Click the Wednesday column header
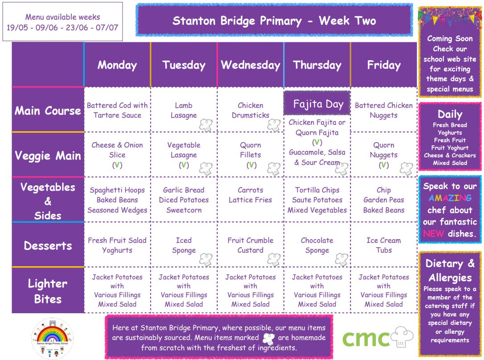pyautogui.click(x=250, y=65)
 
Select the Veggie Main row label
pyautogui.click(x=48, y=155)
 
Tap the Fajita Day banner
pyautogui.click(x=317, y=103)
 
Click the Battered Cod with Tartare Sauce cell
pyautogui.click(x=117, y=110)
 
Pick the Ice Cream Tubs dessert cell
pyautogui.click(x=384, y=245)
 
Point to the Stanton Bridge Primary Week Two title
pyautogui.click(x=274, y=20)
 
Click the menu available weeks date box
pyautogui.click(x=63, y=22)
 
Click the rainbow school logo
pyautogui.click(x=53, y=338)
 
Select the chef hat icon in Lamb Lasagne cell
pyautogui.click(x=206, y=125)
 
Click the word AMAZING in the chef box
pyautogui.click(x=450, y=198)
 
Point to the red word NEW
pyautogui.click(x=433, y=233)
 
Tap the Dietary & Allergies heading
pyautogui.click(x=450, y=270)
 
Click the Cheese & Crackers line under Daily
pyautogui.click(x=450, y=155)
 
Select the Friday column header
pyautogui.click(x=384, y=65)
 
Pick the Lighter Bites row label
pyautogui.click(x=48, y=291)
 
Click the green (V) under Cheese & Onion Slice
pyautogui.click(x=117, y=165)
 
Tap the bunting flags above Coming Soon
pyautogui.click(x=450, y=17)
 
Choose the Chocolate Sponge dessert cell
pyautogui.click(x=317, y=245)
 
